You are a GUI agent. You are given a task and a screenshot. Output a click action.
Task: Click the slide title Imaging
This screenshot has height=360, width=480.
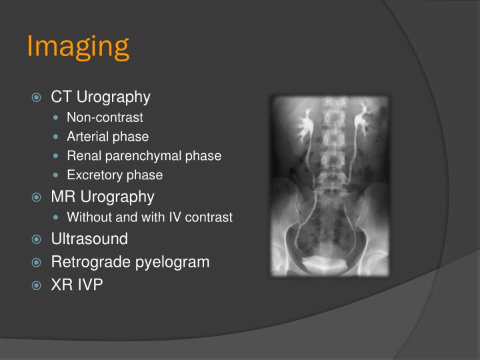(77, 46)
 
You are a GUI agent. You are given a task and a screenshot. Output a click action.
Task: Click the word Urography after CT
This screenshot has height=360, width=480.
(113, 97)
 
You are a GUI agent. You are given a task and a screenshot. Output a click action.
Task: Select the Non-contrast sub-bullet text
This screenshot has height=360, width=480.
(105, 117)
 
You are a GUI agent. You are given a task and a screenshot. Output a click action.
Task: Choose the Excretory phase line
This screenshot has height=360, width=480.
(115, 175)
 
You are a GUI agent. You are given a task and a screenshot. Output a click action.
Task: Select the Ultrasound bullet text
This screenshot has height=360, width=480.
(89, 239)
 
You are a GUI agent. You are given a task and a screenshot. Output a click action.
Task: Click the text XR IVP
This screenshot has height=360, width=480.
(77, 285)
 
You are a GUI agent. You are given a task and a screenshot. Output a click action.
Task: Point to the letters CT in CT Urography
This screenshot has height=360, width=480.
(61, 97)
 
